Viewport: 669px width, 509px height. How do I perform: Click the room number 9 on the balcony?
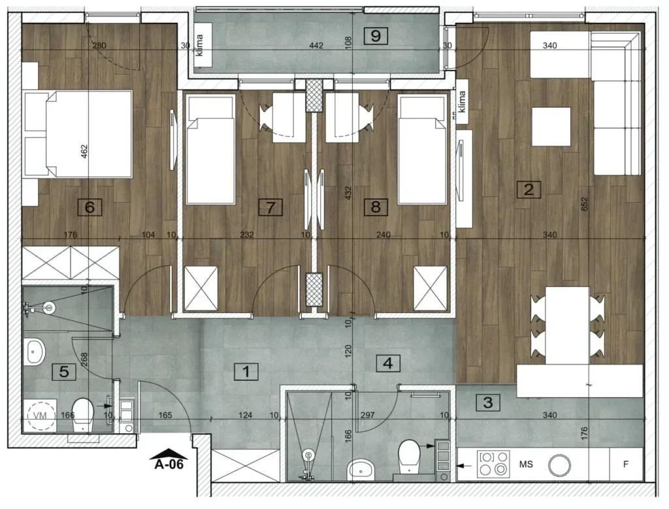click(376, 36)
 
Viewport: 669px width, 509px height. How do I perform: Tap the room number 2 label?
click(529, 189)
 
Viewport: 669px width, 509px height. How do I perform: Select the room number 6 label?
click(90, 207)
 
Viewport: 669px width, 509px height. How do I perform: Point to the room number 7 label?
click(270, 207)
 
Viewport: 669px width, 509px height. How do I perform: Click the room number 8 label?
click(376, 207)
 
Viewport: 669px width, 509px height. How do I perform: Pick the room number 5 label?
click(64, 372)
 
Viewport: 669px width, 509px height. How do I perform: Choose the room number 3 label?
click(488, 402)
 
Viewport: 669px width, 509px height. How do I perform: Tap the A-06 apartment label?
click(169, 464)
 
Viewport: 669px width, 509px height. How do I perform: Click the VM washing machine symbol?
click(40, 415)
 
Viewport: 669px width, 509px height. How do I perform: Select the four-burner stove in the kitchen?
click(493, 464)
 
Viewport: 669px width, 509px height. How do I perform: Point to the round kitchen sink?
click(559, 465)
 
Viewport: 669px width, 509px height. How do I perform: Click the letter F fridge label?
click(625, 464)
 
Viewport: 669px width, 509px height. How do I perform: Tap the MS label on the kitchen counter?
click(526, 464)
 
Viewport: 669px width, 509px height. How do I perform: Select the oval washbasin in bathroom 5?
click(34, 352)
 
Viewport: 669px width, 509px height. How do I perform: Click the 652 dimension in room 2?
click(584, 203)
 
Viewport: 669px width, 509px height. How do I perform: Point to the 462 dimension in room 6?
click(84, 152)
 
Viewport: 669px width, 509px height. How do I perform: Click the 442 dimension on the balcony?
click(316, 45)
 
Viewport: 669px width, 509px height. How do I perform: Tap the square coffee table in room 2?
click(551, 127)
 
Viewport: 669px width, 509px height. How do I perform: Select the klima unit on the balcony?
click(203, 50)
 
